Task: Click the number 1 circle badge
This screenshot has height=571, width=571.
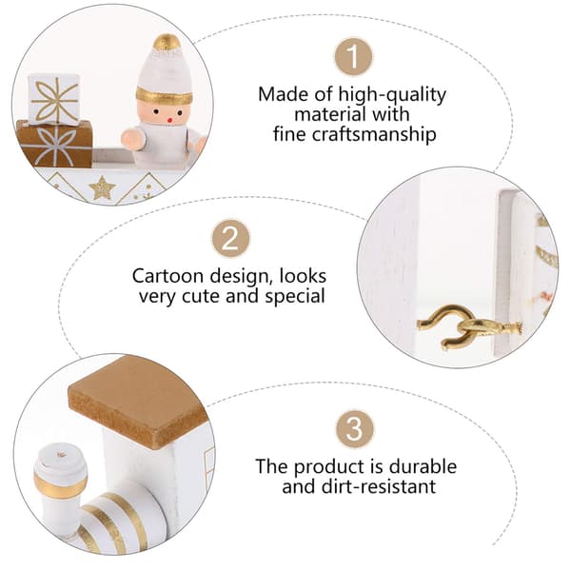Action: pos(353,56)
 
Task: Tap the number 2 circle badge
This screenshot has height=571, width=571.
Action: pos(231,239)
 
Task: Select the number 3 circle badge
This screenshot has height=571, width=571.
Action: pos(355,429)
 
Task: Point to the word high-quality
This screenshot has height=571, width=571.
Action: pos(392,94)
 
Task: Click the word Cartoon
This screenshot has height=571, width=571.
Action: pos(167,276)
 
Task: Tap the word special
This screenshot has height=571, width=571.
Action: pos(295,296)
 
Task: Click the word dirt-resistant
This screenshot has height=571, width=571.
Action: pos(379,486)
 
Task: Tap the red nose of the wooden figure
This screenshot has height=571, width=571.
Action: pos(169,119)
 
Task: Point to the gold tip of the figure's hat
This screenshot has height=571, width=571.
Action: pos(167,43)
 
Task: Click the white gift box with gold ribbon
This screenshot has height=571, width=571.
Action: pos(54,99)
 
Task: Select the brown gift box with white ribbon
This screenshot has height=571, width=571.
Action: pos(54,145)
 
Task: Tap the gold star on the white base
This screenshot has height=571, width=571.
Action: pos(103,187)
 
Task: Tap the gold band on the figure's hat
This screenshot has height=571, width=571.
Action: pos(165,97)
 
